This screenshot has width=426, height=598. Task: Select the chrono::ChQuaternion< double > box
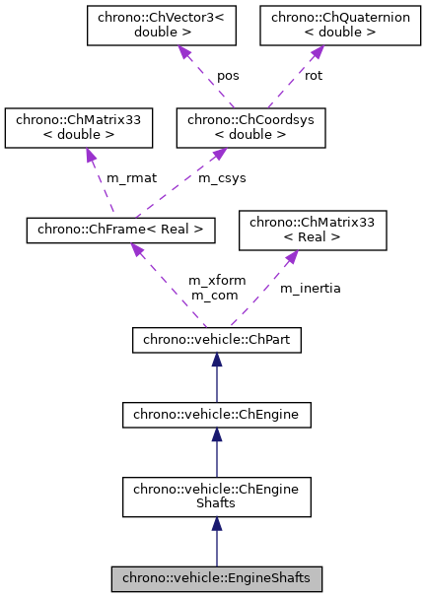pyautogui.click(x=320, y=27)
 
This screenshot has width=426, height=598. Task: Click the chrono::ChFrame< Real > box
pyautogui.click(x=119, y=230)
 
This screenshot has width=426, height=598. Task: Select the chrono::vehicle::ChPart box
pyautogui.click(x=216, y=341)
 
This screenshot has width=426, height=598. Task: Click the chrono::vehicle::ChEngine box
pyautogui.click(x=216, y=416)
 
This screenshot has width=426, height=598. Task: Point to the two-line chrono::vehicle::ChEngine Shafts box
pyautogui.click(x=216, y=498)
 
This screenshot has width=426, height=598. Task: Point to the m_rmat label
pyautogui.click(x=125, y=177)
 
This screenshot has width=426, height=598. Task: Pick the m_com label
pyautogui.click(x=211, y=295)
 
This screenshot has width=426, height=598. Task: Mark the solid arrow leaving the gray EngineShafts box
pyautogui.click(x=216, y=543)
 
